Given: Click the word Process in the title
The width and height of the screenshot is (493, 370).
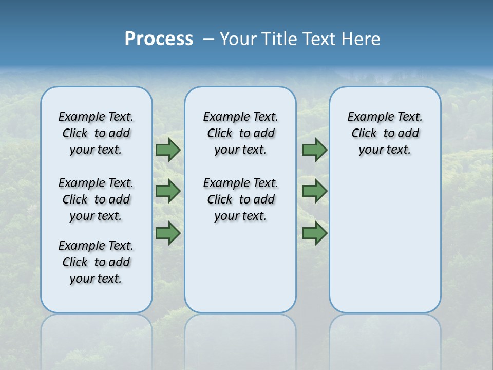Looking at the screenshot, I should click(x=159, y=39).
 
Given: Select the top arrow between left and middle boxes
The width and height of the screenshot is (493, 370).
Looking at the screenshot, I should click(x=168, y=150).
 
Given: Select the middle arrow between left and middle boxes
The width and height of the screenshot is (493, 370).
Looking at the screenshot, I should click(x=168, y=191).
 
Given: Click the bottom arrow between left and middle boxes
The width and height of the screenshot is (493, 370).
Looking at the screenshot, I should click(x=168, y=233).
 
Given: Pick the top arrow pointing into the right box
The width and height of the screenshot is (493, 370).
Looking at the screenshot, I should click(x=314, y=150).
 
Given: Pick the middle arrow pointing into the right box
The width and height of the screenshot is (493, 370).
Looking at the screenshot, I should click(x=314, y=191).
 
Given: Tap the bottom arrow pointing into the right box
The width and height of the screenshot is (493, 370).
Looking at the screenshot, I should click(x=314, y=233).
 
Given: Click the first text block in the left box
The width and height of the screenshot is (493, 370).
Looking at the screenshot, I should click(x=96, y=133).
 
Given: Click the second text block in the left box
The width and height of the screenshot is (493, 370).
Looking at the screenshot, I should click(x=96, y=199).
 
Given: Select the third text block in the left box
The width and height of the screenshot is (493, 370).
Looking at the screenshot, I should click(x=96, y=262).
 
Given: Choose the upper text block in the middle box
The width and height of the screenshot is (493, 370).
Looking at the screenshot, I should click(x=240, y=133).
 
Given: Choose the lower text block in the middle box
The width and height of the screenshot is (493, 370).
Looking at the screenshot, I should click(x=240, y=199).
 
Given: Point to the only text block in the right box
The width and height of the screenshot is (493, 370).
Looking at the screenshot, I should click(x=385, y=133).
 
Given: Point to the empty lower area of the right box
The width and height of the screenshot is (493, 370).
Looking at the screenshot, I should click(x=385, y=247).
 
